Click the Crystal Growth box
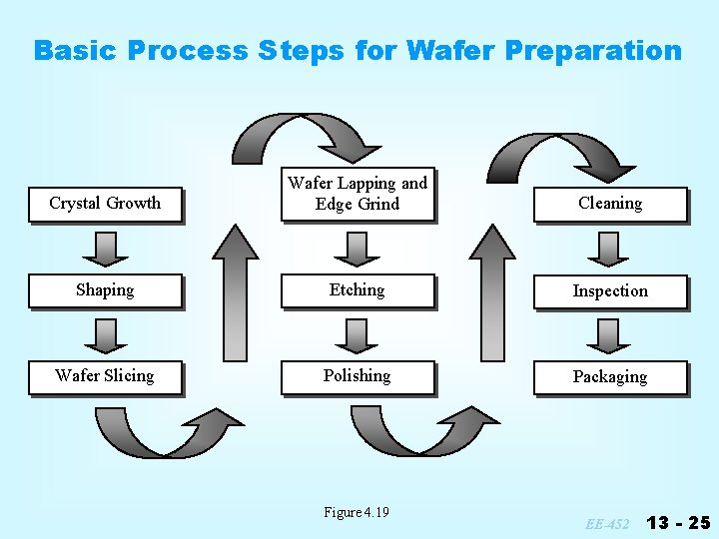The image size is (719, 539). pos(105,204)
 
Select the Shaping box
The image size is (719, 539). pos(105,290)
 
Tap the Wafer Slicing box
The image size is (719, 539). pos(105,376)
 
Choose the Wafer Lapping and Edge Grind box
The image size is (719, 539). pos(358,194)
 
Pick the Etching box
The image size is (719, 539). pos(358,290)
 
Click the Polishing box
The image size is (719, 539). pos(358,376)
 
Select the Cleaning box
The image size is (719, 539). pos(610,204)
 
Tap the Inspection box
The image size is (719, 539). pos(610,291)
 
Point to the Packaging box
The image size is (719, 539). pos(610,377)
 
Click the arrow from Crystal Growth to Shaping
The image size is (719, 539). pos(105,248)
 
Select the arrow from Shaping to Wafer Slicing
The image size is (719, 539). pos(105,333)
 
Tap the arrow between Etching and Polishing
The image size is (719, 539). pos(358,333)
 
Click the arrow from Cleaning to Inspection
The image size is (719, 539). pos(609,248)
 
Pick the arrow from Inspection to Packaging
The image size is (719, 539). pos(609,334)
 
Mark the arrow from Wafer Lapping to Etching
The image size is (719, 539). pos(358,248)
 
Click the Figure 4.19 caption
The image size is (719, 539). pos(357,512)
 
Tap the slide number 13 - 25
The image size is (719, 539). pos(679,522)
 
